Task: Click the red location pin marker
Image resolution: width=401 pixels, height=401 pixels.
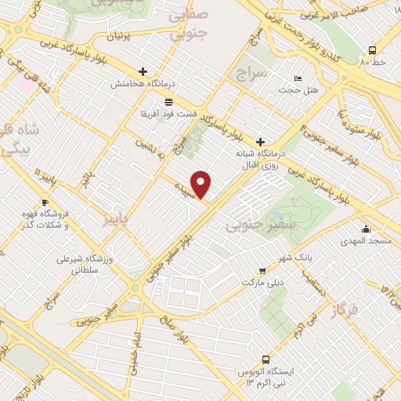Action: (x=202, y=184)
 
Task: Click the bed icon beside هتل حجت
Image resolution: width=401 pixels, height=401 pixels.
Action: (x=297, y=78)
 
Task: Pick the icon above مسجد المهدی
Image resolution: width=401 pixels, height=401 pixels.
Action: (x=366, y=229)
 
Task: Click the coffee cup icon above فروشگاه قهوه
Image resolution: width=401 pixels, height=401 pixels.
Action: (x=45, y=203)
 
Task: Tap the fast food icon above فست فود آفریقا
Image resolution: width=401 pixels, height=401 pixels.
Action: (x=168, y=102)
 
